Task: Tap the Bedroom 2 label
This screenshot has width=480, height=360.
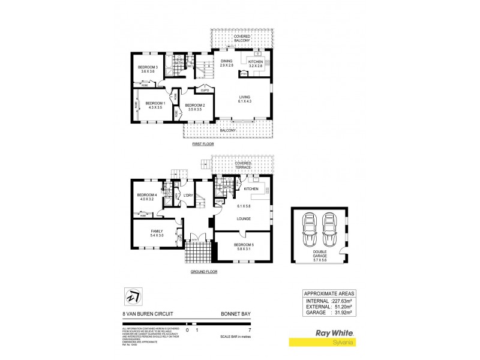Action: pos(197,107)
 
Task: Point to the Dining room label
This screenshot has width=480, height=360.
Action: pos(226,63)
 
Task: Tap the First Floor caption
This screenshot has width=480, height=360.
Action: pos(202,145)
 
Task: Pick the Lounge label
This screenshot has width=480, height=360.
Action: pos(243,219)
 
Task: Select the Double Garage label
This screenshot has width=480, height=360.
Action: pos(319,257)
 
